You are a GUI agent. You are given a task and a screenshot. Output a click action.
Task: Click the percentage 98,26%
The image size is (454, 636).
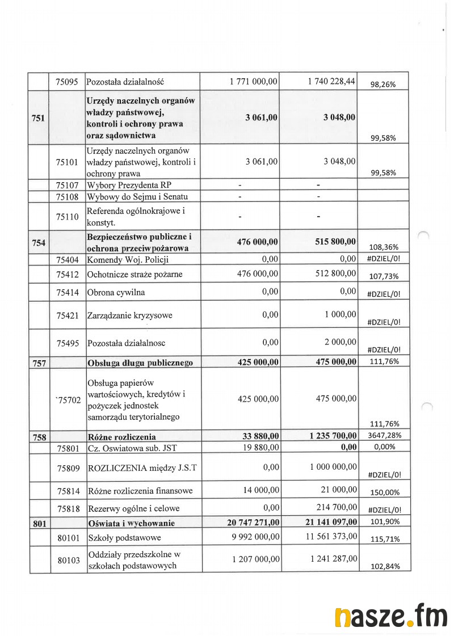coord(382,85)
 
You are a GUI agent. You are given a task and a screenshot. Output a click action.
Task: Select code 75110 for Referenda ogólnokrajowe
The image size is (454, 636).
coord(67,216)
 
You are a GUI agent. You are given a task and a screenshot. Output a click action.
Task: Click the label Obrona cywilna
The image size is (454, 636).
coord(116,292)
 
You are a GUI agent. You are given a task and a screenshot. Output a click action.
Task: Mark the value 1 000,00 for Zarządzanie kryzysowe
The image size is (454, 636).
coord(340,314)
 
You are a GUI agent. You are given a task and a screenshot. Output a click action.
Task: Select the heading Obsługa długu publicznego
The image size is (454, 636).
coord(140,363)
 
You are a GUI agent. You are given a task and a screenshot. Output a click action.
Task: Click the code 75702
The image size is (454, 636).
coord(68,401)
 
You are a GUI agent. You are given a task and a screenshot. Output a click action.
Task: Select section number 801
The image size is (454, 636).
coord(39,523)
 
